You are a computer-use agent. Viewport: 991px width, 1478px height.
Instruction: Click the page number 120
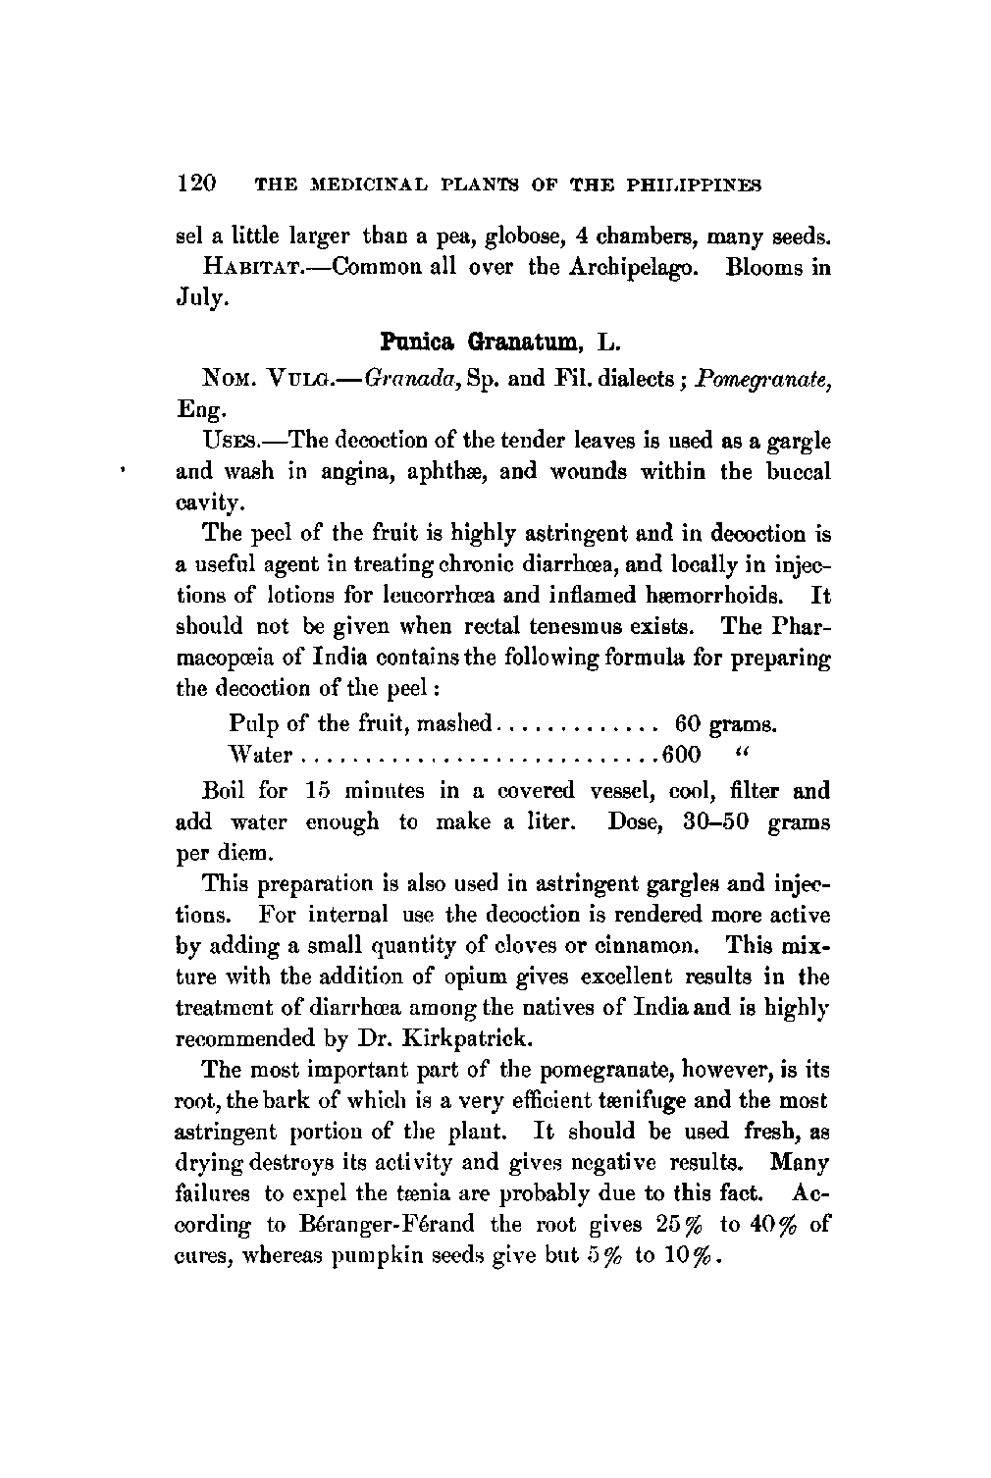pyautogui.click(x=196, y=184)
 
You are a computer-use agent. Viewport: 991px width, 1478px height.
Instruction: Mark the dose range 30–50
pyautogui.click(x=716, y=821)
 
